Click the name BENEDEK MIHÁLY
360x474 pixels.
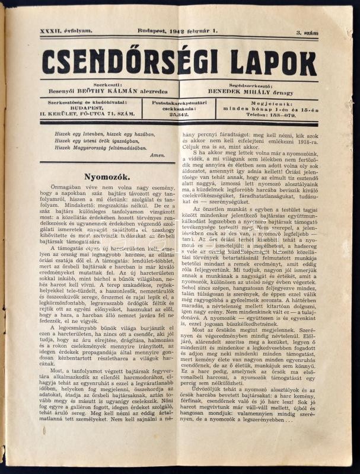coord(242,92)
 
